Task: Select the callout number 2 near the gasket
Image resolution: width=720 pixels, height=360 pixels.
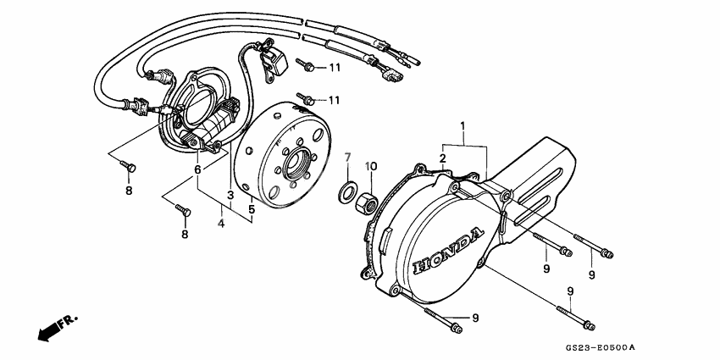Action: click(442, 158)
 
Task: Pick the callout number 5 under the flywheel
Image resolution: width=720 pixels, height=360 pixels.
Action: click(252, 208)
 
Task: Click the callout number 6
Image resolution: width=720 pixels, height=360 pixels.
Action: click(197, 169)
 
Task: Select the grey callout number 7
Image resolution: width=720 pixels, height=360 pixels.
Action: click(347, 158)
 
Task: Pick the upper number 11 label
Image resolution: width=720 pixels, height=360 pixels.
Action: click(335, 67)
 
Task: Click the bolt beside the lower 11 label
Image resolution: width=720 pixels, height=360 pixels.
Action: click(305, 97)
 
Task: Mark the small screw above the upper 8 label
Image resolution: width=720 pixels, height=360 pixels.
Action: click(129, 167)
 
